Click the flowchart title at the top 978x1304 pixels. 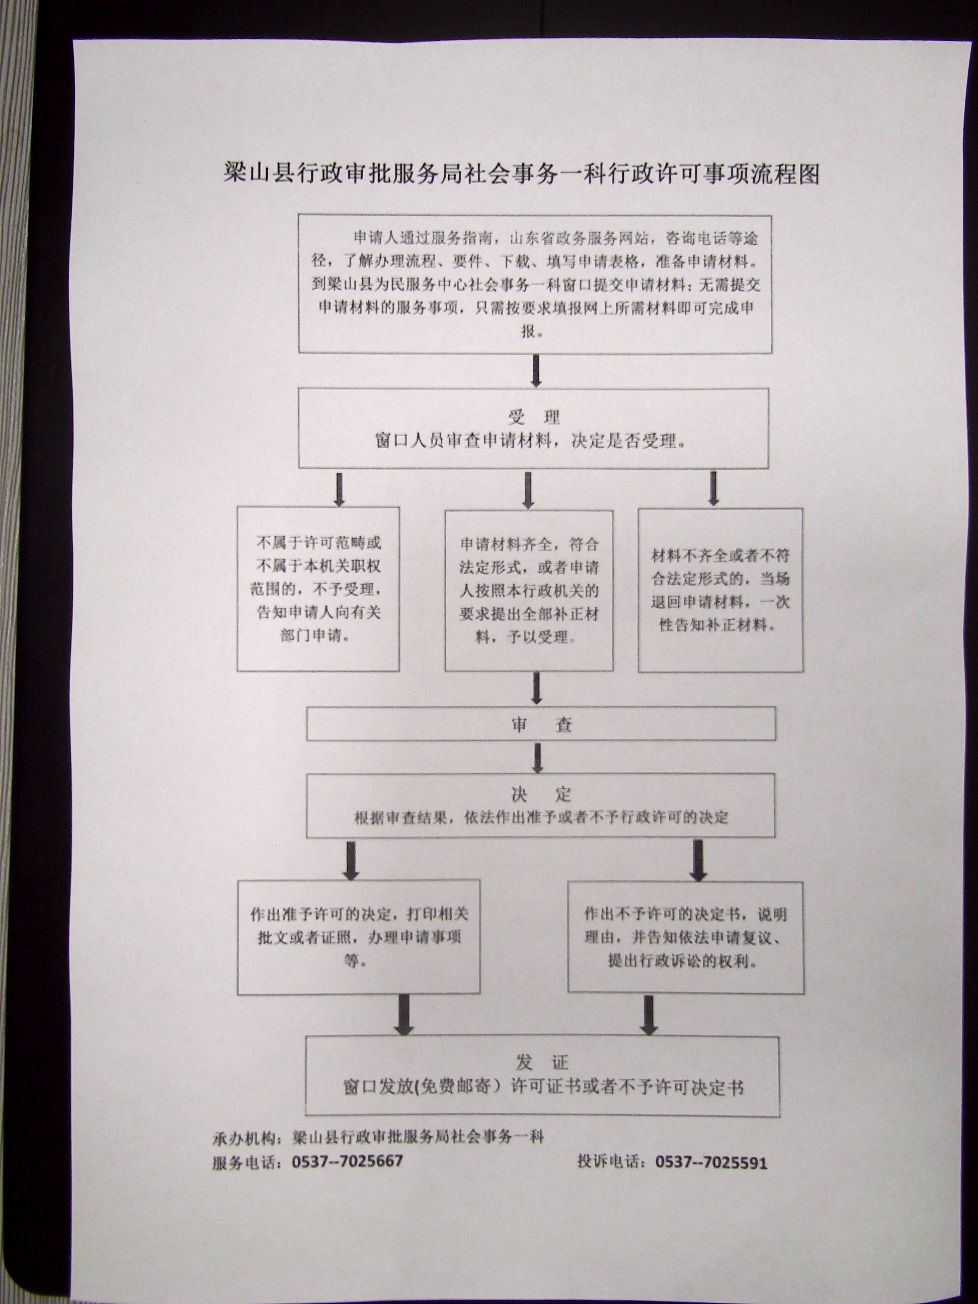pos(521,174)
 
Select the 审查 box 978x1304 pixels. pos(541,724)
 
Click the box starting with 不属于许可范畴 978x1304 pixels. pos(318,589)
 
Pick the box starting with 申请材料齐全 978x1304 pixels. pos(529,591)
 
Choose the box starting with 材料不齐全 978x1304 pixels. pos(720,590)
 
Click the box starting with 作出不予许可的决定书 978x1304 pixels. pos(686,937)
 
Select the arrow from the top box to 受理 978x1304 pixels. pos(536,371)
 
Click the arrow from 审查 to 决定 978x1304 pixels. pos(537,758)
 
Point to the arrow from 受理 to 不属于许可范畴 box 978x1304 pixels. pos(340,488)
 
